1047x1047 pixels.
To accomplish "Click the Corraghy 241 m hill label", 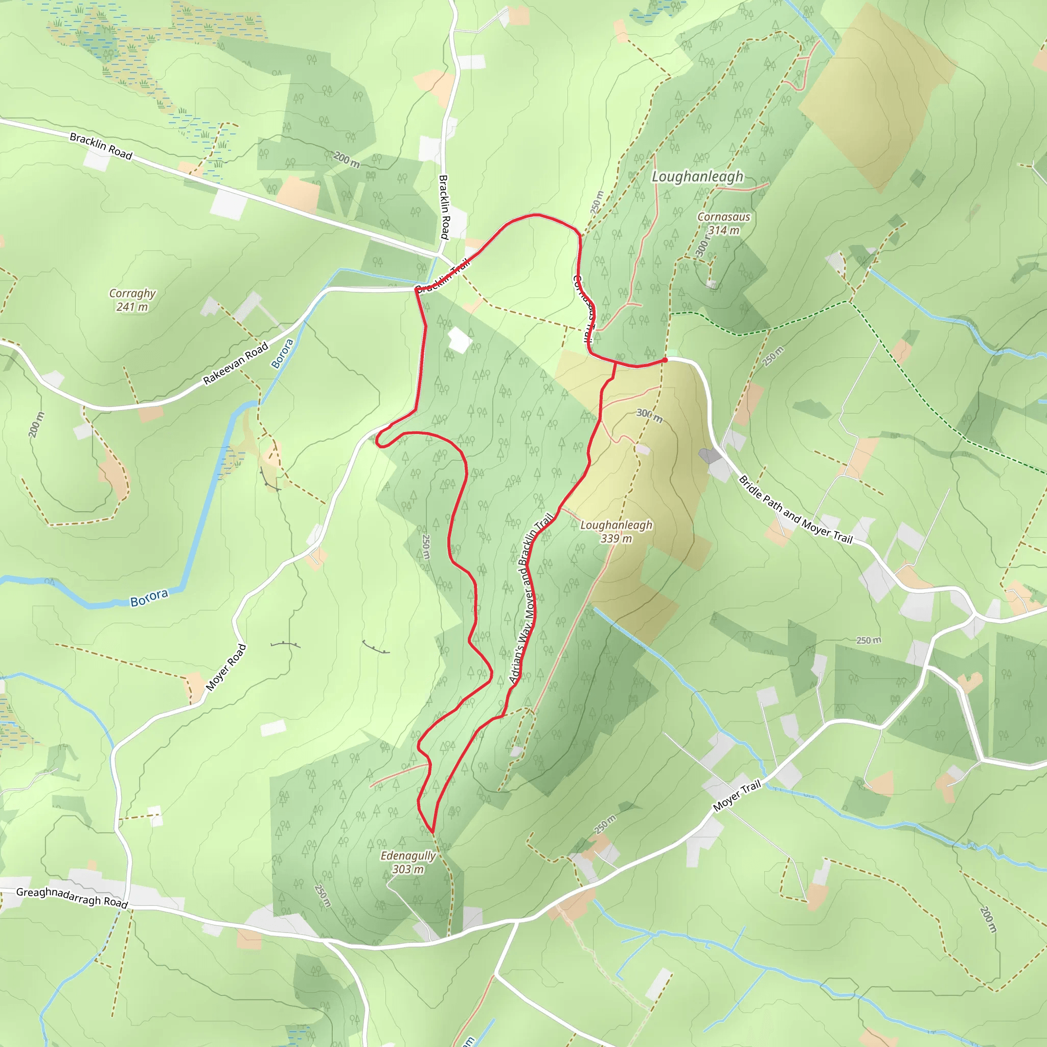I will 132,300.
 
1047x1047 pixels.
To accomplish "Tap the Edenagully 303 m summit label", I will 407,862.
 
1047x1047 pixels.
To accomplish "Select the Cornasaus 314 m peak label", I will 723,223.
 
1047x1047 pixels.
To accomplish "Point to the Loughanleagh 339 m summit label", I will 616,531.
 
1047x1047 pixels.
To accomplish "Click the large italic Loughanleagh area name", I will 697,177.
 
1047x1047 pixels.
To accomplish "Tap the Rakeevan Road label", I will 236,363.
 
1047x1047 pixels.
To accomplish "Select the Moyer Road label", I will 226,667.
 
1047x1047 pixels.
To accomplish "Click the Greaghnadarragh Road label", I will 72,897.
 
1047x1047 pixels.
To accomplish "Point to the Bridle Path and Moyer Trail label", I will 795,509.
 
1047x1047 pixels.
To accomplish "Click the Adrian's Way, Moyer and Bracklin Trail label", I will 531,598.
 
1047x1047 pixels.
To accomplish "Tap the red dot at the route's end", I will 665,360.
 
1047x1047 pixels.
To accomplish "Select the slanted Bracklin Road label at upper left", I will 101,146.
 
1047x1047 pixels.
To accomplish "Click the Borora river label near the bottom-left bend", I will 149,598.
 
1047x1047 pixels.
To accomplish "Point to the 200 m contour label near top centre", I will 346,160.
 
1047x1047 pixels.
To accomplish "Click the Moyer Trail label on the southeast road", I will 737,795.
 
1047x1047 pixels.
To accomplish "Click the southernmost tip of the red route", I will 432,831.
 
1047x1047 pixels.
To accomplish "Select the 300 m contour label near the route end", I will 649,416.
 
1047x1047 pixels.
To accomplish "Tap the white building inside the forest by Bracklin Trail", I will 459,340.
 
